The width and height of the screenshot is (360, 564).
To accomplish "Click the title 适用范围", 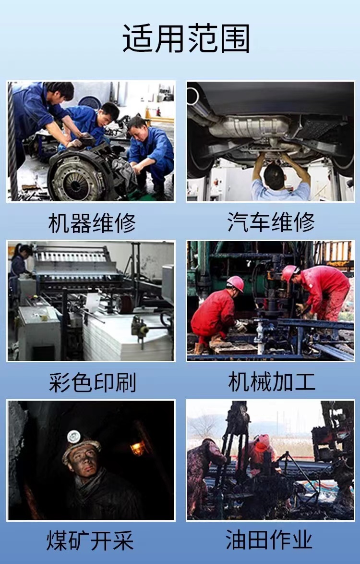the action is click(x=186, y=38).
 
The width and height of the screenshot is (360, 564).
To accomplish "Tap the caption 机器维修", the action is click(x=92, y=222).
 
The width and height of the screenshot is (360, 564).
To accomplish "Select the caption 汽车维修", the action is click(x=271, y=222).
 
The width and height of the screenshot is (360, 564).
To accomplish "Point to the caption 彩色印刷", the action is click(x=92, y=382).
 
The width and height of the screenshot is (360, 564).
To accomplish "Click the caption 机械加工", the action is click(x=272, y=381).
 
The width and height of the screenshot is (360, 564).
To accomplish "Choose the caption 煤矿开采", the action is click(x=90, y=540).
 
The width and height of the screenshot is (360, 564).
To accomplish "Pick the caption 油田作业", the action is click(x=269, y=540).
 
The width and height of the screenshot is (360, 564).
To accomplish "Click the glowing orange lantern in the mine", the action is click(x=138, y=448).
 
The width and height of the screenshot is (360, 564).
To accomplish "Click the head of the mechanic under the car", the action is click(x=274, y=177).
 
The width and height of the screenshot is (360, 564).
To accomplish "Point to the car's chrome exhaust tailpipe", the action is click(x=193, y=96).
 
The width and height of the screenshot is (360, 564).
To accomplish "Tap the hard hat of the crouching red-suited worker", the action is click(x=235, y=283).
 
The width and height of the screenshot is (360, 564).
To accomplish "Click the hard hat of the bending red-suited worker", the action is click(x=289, y=273).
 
